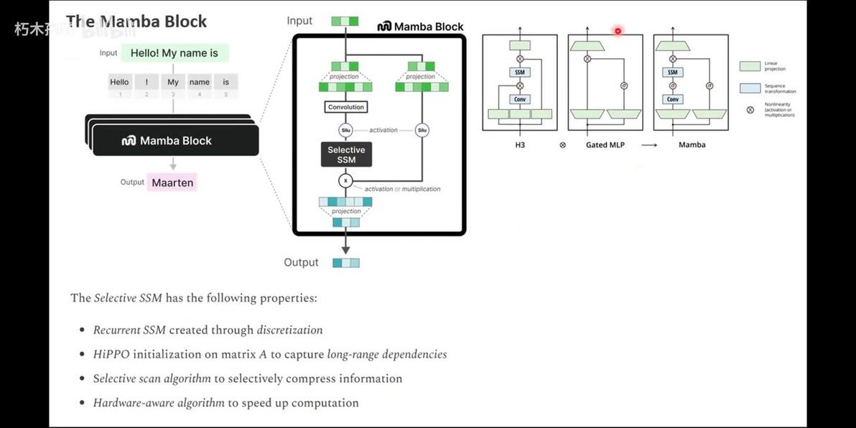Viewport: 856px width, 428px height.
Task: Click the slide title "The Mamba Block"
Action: (x=136, y=22)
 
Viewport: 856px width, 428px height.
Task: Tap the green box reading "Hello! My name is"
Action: (x=175, y=53)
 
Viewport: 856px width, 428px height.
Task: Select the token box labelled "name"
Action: (x=200, y=83)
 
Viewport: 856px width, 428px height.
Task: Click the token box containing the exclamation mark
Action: (x=146, y=83)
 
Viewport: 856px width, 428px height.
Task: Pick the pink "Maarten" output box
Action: (x=172, y=182)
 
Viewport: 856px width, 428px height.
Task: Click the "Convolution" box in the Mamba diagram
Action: (x=346, y=107)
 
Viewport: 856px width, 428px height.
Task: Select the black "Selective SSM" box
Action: (x=346, y=154)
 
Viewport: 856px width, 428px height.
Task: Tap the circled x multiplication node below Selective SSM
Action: (x=345, y=181)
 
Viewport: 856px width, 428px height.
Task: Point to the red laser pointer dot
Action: (x=618, y=31)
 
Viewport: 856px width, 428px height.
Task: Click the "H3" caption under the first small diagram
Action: (x=520, y=145)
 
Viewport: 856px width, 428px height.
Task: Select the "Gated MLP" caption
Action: (x=605, y=145)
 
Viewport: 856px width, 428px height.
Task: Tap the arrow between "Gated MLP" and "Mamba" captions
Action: (x=649, y=145)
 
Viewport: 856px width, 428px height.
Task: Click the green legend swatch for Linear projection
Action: (x=750, y=66)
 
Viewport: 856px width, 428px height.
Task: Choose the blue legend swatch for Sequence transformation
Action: (x=750, y=88)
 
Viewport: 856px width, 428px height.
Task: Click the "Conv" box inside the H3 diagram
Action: (x=520, y=100)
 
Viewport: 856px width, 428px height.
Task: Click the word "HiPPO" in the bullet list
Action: (x=108, y=354)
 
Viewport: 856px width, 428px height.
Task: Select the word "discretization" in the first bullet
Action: (x=289, y=330)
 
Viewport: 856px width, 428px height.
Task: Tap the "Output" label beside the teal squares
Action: (x=301, y=262)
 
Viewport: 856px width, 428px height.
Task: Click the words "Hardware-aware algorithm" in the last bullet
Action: (x=159, y=403)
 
